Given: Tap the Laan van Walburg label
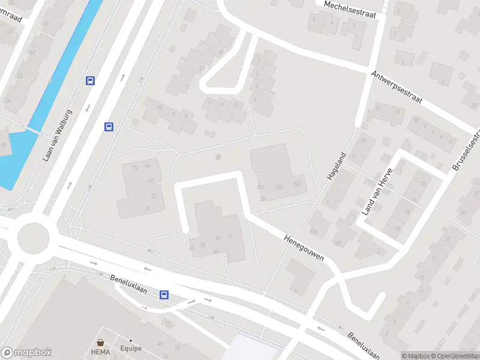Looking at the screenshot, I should point(58,135).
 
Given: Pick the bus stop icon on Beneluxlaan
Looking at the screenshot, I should point(164,295).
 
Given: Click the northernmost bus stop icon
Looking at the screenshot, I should point(91,81).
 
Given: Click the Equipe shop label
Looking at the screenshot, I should point(130,347).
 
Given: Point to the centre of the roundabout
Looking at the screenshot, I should point(32,238).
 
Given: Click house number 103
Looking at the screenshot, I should point(260,187).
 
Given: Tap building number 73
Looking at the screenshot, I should point(135,167).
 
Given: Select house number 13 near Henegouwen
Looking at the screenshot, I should point(230,236).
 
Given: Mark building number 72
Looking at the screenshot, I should point(148,208).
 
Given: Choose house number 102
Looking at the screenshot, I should point(297,184).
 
